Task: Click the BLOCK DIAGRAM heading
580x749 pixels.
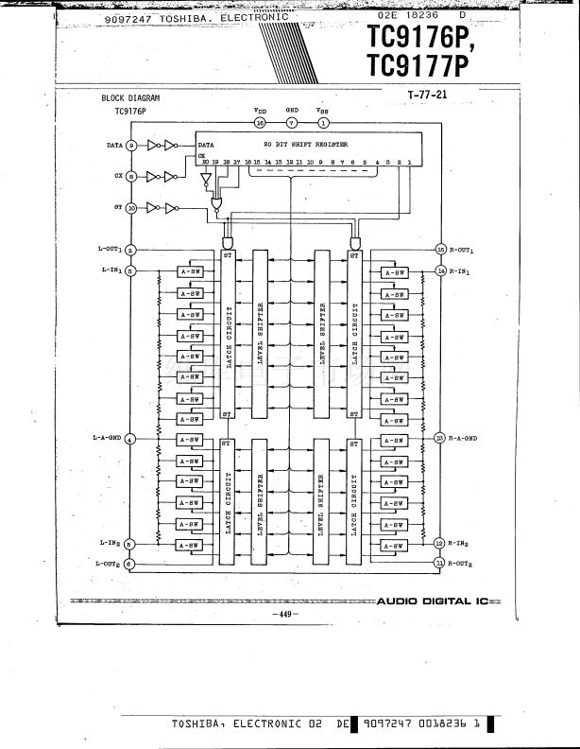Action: pos(130,98)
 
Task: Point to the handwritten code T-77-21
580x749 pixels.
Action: pos(426,95)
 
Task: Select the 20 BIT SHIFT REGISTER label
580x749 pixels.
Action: pos(305,145)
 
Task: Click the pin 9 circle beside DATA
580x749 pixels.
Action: pos(131,146)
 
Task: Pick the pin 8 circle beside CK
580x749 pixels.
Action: pos(131,176)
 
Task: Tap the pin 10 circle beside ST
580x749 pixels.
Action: pos(131,207)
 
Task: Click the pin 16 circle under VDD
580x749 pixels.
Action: pos(260,122)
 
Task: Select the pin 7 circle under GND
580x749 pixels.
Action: pos(292,122)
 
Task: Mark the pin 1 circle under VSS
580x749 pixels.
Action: pos(324,122)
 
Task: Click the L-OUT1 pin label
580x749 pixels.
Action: pos(110,249)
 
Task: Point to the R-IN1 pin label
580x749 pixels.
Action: pos(461,270)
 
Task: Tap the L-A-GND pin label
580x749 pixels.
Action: pos(108,438)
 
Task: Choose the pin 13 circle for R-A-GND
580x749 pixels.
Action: pos(439,438)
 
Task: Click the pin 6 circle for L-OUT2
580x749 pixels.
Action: pos(130,564)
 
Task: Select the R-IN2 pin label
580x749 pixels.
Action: pos(461,543)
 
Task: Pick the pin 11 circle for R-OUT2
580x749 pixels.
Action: pos(439,564)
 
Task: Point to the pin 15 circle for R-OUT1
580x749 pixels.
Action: pos(440,250)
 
